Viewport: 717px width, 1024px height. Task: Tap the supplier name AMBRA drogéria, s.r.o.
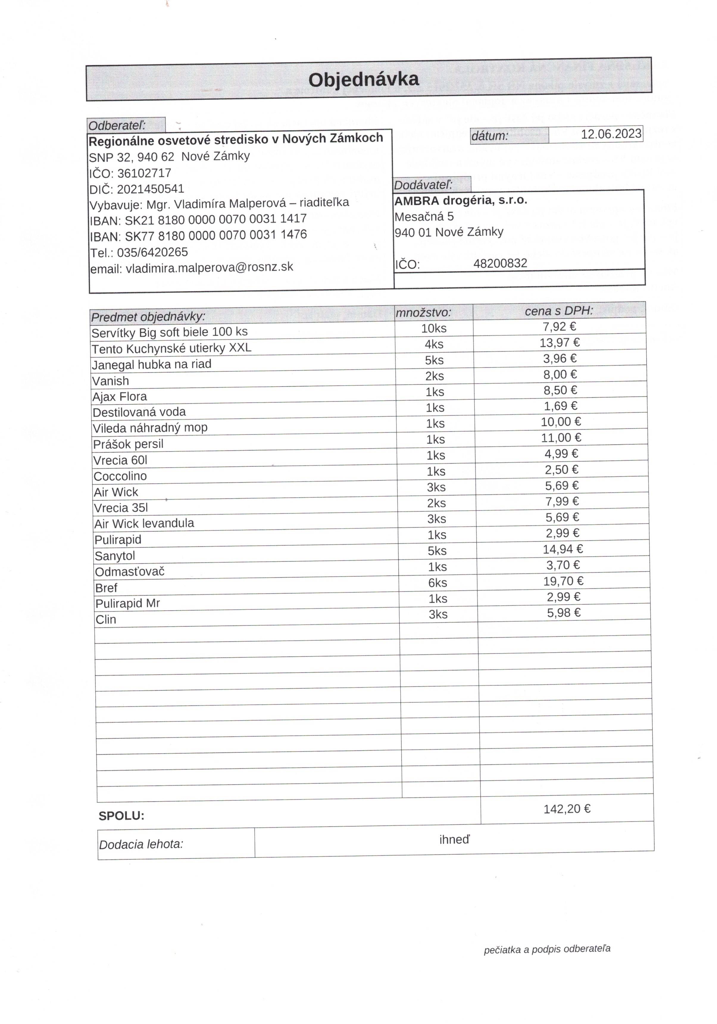(460, 200)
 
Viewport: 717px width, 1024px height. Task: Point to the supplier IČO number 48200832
(500, 263)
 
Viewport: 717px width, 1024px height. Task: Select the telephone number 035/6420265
(152, 252)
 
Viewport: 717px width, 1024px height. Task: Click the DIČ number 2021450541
(151, 189)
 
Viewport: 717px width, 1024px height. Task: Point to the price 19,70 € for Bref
(563, 581)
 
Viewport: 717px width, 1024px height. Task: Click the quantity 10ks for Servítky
(434, 328)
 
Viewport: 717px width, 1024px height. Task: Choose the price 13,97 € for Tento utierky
(559, 343)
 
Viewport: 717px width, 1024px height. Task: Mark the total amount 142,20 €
(566, 809)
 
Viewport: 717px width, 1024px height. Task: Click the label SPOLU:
(121, 816)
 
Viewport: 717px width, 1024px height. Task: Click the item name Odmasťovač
(130, 572)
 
